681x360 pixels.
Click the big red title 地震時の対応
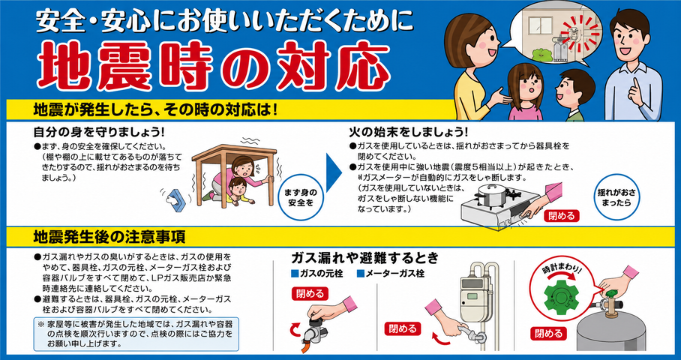pos(213,65)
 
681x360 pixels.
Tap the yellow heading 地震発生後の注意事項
pos(109,237)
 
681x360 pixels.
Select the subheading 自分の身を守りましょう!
pos(99,130)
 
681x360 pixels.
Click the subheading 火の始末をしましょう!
pos(408,130)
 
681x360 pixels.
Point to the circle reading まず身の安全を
pos(301,196)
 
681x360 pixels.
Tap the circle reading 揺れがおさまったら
pos(613,196)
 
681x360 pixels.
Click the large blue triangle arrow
pos(334,172)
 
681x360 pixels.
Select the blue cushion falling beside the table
pos(178,199)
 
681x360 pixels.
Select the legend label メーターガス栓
pos(391,274)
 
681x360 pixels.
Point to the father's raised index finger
pos(636,85)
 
